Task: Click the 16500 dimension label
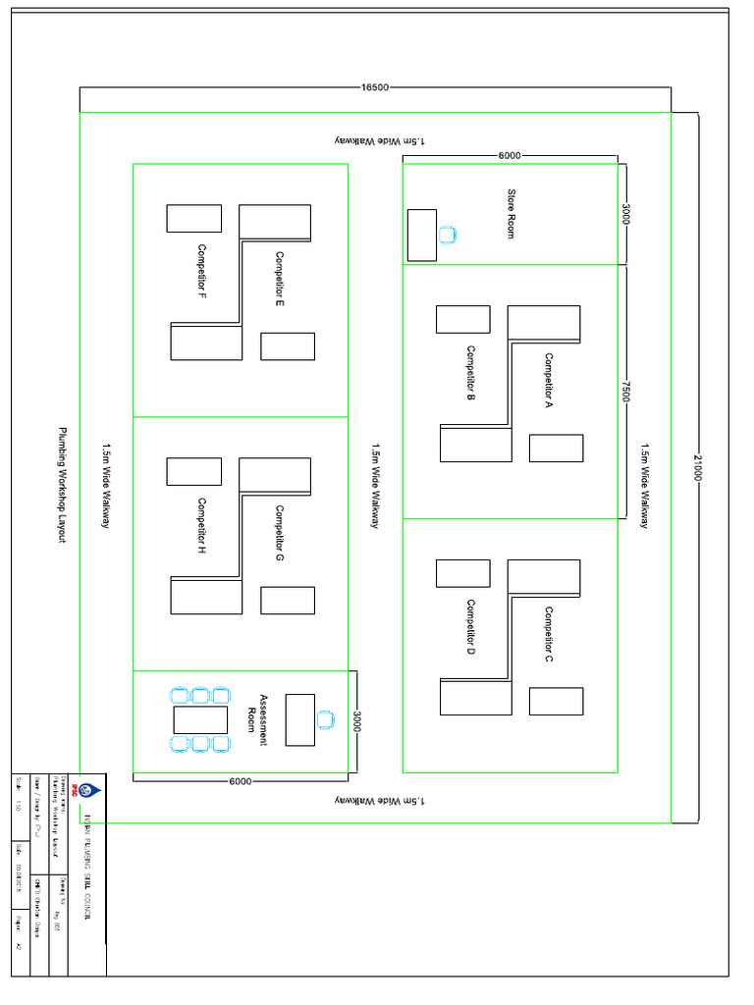pos(375,87)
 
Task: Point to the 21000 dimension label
pos(698,467)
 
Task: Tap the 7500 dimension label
pos(625,391)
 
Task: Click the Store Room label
pos(511,213)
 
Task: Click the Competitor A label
pos(549,380)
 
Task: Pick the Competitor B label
pos(471,373)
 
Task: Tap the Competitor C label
pos(549,634)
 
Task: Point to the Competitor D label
pos(471,627)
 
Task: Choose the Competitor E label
pos(279,280)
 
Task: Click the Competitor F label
pos(201,272)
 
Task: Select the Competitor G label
pos(279,534)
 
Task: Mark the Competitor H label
pos(201,527)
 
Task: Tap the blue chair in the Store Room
pos(448,235)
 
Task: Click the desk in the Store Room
pos(422,235)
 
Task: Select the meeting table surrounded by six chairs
pos(200,719)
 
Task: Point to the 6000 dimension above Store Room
pos(510,155)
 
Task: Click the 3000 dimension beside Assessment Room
pos(357,721)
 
